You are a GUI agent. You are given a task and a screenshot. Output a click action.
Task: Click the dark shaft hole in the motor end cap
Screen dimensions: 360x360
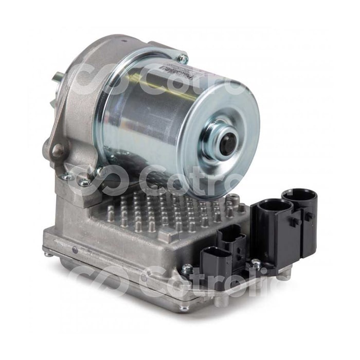(227, 141)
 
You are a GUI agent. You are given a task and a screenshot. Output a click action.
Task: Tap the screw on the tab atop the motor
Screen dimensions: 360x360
(182, 57)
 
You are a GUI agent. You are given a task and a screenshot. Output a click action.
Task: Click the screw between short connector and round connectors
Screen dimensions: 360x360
(256, 263)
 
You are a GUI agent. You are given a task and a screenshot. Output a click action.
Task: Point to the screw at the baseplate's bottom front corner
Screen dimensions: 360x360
(184, 308)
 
